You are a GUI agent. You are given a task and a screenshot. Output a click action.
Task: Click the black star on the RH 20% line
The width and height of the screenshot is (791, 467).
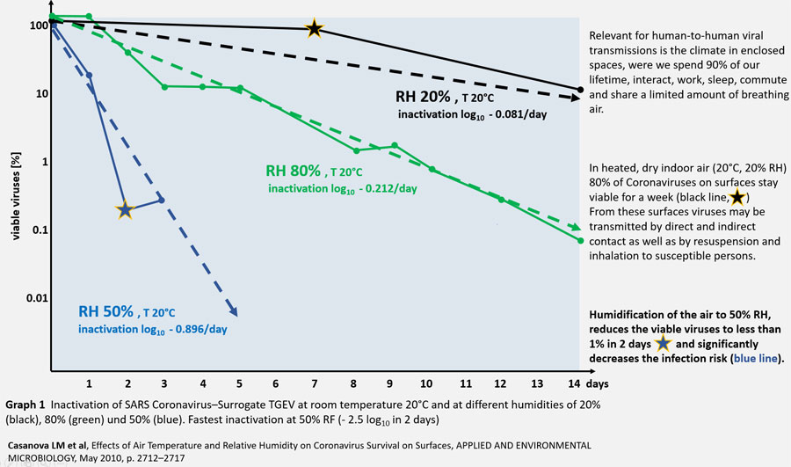coord(314,29)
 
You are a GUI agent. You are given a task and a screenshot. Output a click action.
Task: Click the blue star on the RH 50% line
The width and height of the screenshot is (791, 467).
coord(125,209)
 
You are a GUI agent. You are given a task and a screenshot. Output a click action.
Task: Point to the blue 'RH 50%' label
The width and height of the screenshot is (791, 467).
coord(106,312)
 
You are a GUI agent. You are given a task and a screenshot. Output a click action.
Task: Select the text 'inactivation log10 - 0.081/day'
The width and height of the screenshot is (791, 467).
coord(472,114)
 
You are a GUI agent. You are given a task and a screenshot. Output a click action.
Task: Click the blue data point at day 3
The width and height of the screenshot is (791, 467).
coord(163,201)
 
